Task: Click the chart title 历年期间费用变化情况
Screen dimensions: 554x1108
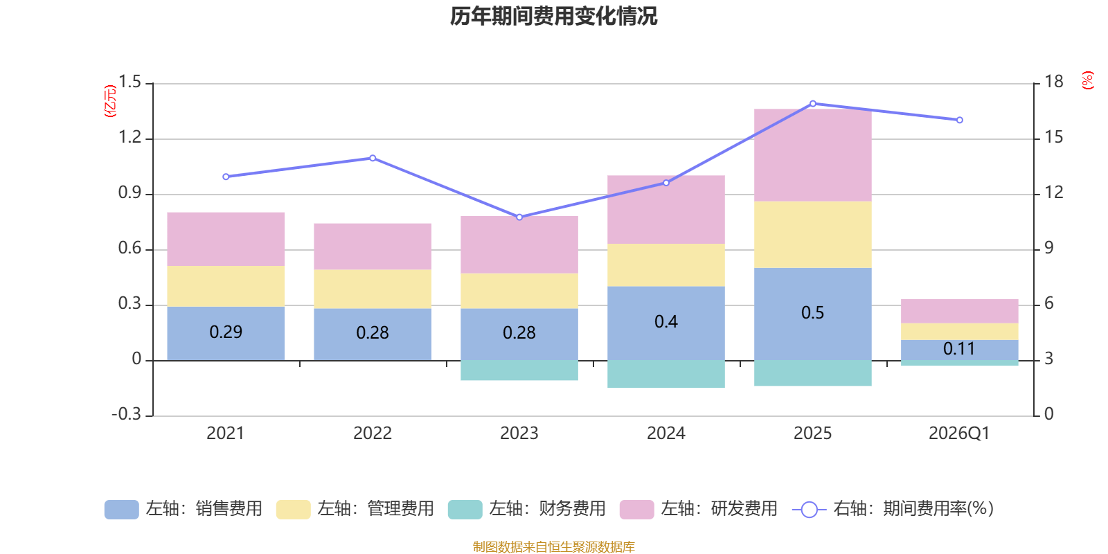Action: tap(553, 16)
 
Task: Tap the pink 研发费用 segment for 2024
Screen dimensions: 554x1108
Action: tap(665, 209)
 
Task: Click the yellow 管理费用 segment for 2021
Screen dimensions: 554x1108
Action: tap(226, 286)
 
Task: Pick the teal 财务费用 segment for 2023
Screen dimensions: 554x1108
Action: tap(519, 370)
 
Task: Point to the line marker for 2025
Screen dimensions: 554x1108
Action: tap(812, 104)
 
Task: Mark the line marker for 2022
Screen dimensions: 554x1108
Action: tap(373, 158)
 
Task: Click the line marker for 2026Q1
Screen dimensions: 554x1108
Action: tap(959, 120)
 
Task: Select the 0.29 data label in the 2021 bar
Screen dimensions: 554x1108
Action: tap(226, 332)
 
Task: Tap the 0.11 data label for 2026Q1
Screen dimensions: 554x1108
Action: tap(959, 349)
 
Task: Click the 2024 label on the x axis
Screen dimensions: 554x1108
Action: tap(665, 434)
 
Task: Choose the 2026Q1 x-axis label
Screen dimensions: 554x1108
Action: tap(959, 434)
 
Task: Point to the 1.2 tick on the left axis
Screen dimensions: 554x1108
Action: tap(129, 138)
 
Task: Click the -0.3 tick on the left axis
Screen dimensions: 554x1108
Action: tap(126, 414)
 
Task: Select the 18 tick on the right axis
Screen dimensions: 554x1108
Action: tap(1053, 82)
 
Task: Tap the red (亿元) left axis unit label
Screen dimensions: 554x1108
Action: tap(109, 101)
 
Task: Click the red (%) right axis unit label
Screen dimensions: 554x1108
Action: tap(1087, 80)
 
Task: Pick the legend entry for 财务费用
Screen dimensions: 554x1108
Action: tap(526, 509)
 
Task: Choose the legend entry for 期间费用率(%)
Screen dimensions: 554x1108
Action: tap(893, 509)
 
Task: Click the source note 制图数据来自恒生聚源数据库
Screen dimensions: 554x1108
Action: tap(553, 547)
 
